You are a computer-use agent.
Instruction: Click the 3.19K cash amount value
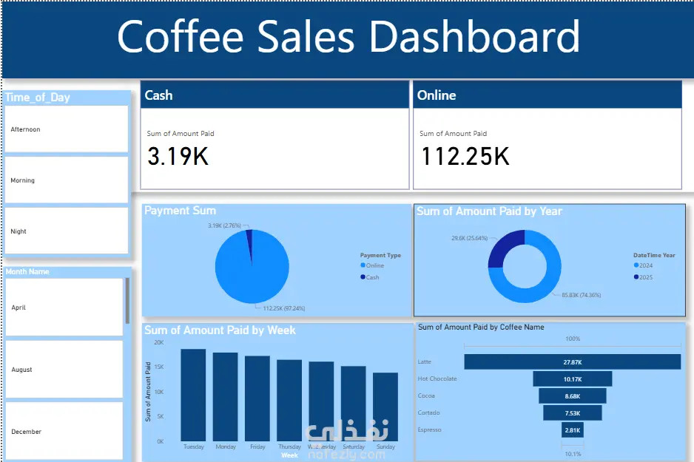tap(178, 157)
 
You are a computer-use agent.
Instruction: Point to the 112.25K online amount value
tap(465, 157)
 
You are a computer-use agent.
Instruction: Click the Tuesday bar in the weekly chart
tap(193, 395)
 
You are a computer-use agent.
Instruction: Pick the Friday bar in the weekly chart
tap(257, 398)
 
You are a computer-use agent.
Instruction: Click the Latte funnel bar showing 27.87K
tap(572, 362)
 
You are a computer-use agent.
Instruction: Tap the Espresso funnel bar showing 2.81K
tap(572, 429)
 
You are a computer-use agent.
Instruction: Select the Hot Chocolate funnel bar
tap(572, 379)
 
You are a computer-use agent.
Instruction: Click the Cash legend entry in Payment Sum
tap(372, 277)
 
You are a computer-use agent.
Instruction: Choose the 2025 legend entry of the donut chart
tap(644, 277)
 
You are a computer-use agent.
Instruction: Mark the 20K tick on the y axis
tap(159, 343)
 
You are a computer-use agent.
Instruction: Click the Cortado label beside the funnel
tap(428, 412)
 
